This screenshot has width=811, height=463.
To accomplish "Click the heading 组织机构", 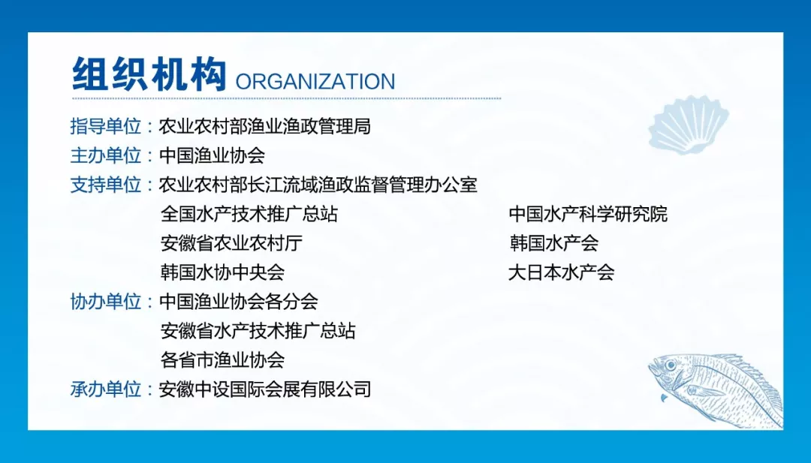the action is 149,74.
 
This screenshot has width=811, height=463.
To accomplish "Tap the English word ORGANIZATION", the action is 315,82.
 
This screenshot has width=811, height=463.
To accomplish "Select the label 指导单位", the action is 106,126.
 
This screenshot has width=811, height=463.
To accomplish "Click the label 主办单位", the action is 106,155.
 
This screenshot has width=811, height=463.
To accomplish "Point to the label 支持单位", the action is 106,185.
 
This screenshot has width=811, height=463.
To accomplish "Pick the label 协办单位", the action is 106,301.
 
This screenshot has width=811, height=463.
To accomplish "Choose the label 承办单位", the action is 106,389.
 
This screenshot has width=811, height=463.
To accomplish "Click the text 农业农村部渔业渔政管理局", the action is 265,126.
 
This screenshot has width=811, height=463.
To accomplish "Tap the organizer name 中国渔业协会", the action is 212,155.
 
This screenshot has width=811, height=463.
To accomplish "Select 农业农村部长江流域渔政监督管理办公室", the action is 318,185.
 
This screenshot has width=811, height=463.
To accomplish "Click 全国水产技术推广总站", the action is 249,213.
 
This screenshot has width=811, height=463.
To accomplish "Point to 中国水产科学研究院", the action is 588,213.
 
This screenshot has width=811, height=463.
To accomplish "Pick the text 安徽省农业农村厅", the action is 231,243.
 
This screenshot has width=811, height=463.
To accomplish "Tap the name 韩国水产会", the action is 554,243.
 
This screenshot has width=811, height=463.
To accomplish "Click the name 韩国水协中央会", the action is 222,272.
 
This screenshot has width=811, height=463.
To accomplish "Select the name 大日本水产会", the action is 561,272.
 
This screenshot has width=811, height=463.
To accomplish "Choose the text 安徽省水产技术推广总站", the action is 258,331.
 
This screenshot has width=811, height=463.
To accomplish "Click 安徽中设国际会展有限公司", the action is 265,389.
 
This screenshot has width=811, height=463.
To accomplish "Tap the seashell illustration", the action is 689,125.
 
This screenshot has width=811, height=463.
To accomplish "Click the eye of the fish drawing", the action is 671,365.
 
